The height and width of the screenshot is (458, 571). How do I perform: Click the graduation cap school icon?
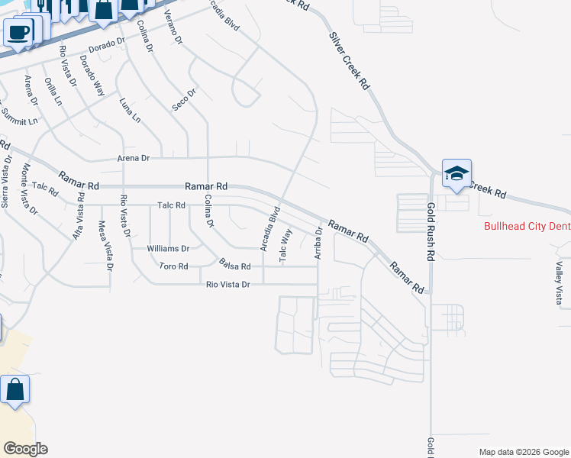456,173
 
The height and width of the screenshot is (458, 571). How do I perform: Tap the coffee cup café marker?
18,33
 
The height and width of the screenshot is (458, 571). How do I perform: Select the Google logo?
25,449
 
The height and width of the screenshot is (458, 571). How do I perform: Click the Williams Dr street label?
169,249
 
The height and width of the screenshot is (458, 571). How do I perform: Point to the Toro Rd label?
173,266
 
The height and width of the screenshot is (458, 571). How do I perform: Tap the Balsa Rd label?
235,266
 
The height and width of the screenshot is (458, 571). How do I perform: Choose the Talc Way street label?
286,246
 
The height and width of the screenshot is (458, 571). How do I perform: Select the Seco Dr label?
185,99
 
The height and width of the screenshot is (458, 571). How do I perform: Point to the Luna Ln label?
131,109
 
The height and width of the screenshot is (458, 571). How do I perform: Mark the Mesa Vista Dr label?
105,246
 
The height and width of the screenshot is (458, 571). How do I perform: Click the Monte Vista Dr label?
27,189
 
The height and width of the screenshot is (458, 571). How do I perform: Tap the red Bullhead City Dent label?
527,227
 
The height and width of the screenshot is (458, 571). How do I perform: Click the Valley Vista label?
560,282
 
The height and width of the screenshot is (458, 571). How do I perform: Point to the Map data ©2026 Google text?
524,452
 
